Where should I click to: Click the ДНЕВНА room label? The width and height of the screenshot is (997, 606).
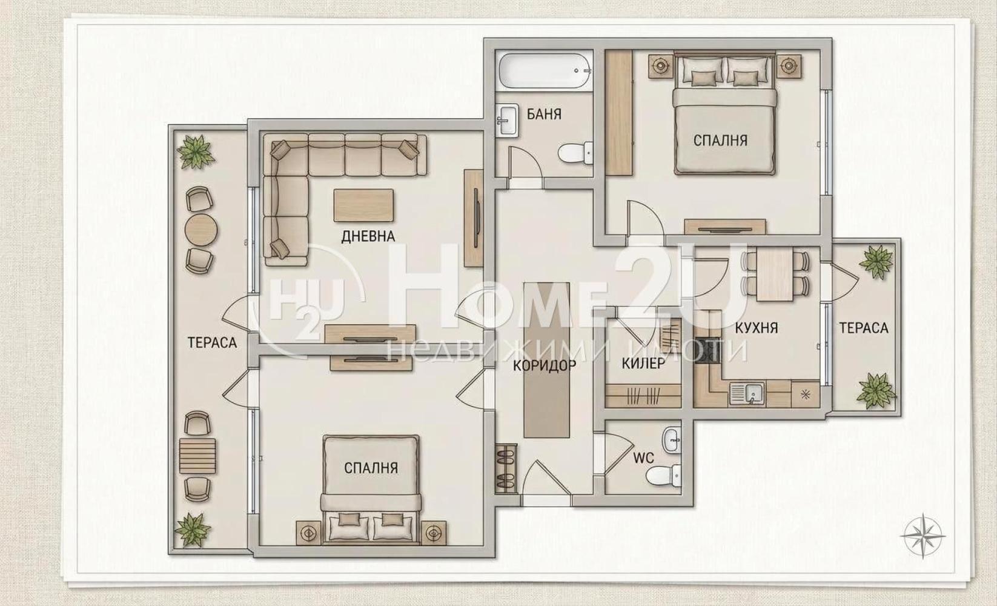[x=368, y=236]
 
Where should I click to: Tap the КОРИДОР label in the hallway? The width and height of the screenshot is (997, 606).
[x=544, y=365]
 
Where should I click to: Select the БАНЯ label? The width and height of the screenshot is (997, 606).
[x=544, y=115]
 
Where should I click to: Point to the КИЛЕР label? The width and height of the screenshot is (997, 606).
[x=643, y=364]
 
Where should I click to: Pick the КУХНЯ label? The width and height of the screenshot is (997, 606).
[x=756, y=328]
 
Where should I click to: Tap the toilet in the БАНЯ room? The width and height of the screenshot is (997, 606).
[x=575, y=153]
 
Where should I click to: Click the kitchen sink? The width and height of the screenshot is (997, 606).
[x=746, y=394]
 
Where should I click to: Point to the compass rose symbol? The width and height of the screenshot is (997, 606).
[x=922, y=536]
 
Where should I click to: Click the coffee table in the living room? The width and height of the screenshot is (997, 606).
[x=363, y=205]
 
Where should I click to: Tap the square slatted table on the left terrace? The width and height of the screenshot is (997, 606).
[x=197, y=456]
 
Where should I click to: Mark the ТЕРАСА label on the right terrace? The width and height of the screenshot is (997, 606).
[x=864, y=328]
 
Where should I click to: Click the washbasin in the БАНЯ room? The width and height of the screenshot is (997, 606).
[x=508, y=119]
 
